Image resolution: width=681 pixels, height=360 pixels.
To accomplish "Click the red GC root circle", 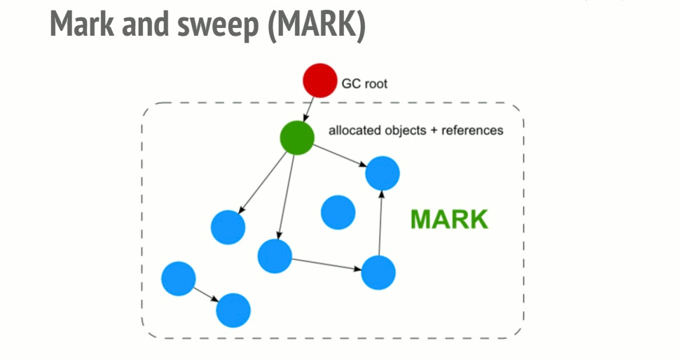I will tap(319, 81).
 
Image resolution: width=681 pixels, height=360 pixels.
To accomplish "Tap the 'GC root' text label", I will tap(364, 84).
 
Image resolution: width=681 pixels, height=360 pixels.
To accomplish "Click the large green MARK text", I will tap(448, 219).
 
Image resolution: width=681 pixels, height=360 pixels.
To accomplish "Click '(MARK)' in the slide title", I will tap(321, 25).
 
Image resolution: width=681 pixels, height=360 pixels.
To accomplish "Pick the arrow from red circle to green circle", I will tap(309, 108).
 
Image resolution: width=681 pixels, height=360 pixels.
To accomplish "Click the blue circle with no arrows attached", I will tap(338, 212).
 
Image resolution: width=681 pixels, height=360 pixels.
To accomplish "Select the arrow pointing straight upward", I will tap(380, 222).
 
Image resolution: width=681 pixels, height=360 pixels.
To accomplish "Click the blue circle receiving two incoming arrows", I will tap(383, 173).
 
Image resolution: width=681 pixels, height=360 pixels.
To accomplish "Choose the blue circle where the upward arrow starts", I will tap(378, 272).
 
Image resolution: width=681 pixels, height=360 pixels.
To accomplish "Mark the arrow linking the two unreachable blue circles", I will tap(205, 293).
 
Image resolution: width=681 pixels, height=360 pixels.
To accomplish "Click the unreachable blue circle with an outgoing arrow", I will tap(178, 278).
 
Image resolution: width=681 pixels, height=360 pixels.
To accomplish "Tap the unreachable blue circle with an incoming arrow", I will tap(233, 310).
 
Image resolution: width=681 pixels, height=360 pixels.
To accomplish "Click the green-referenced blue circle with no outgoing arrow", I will tap(228, 227).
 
